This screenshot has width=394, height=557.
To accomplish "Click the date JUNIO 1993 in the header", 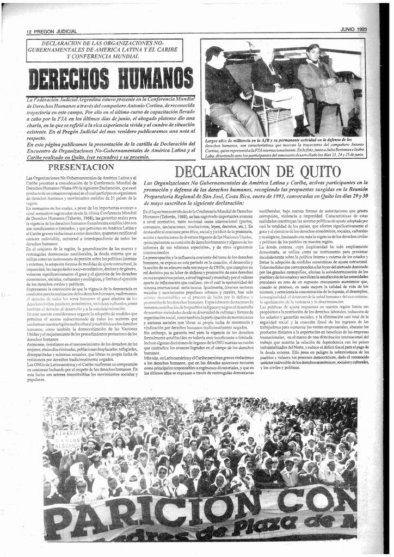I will (x=354, y=29).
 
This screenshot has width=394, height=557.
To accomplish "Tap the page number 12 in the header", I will (x=29, y=32).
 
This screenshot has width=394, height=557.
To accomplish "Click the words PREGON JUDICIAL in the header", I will (x=56, y=32).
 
